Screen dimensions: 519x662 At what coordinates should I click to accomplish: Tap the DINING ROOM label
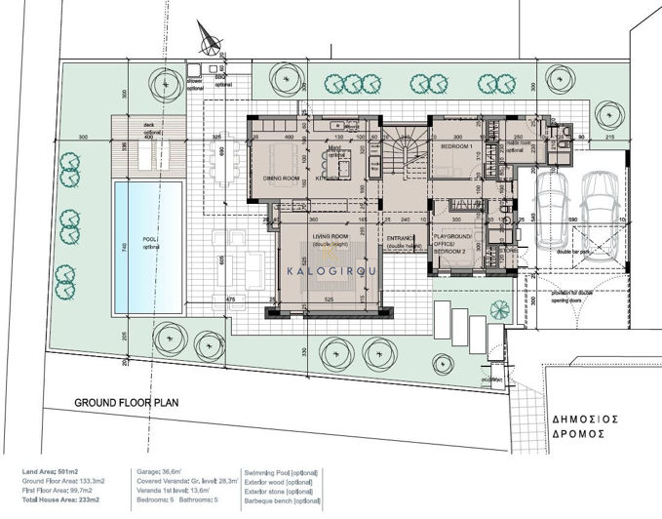click(280, 178)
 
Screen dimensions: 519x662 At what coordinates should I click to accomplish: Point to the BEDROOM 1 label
click(456, 146)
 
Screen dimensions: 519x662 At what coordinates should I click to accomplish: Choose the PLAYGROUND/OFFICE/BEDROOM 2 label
click(452, 244)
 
